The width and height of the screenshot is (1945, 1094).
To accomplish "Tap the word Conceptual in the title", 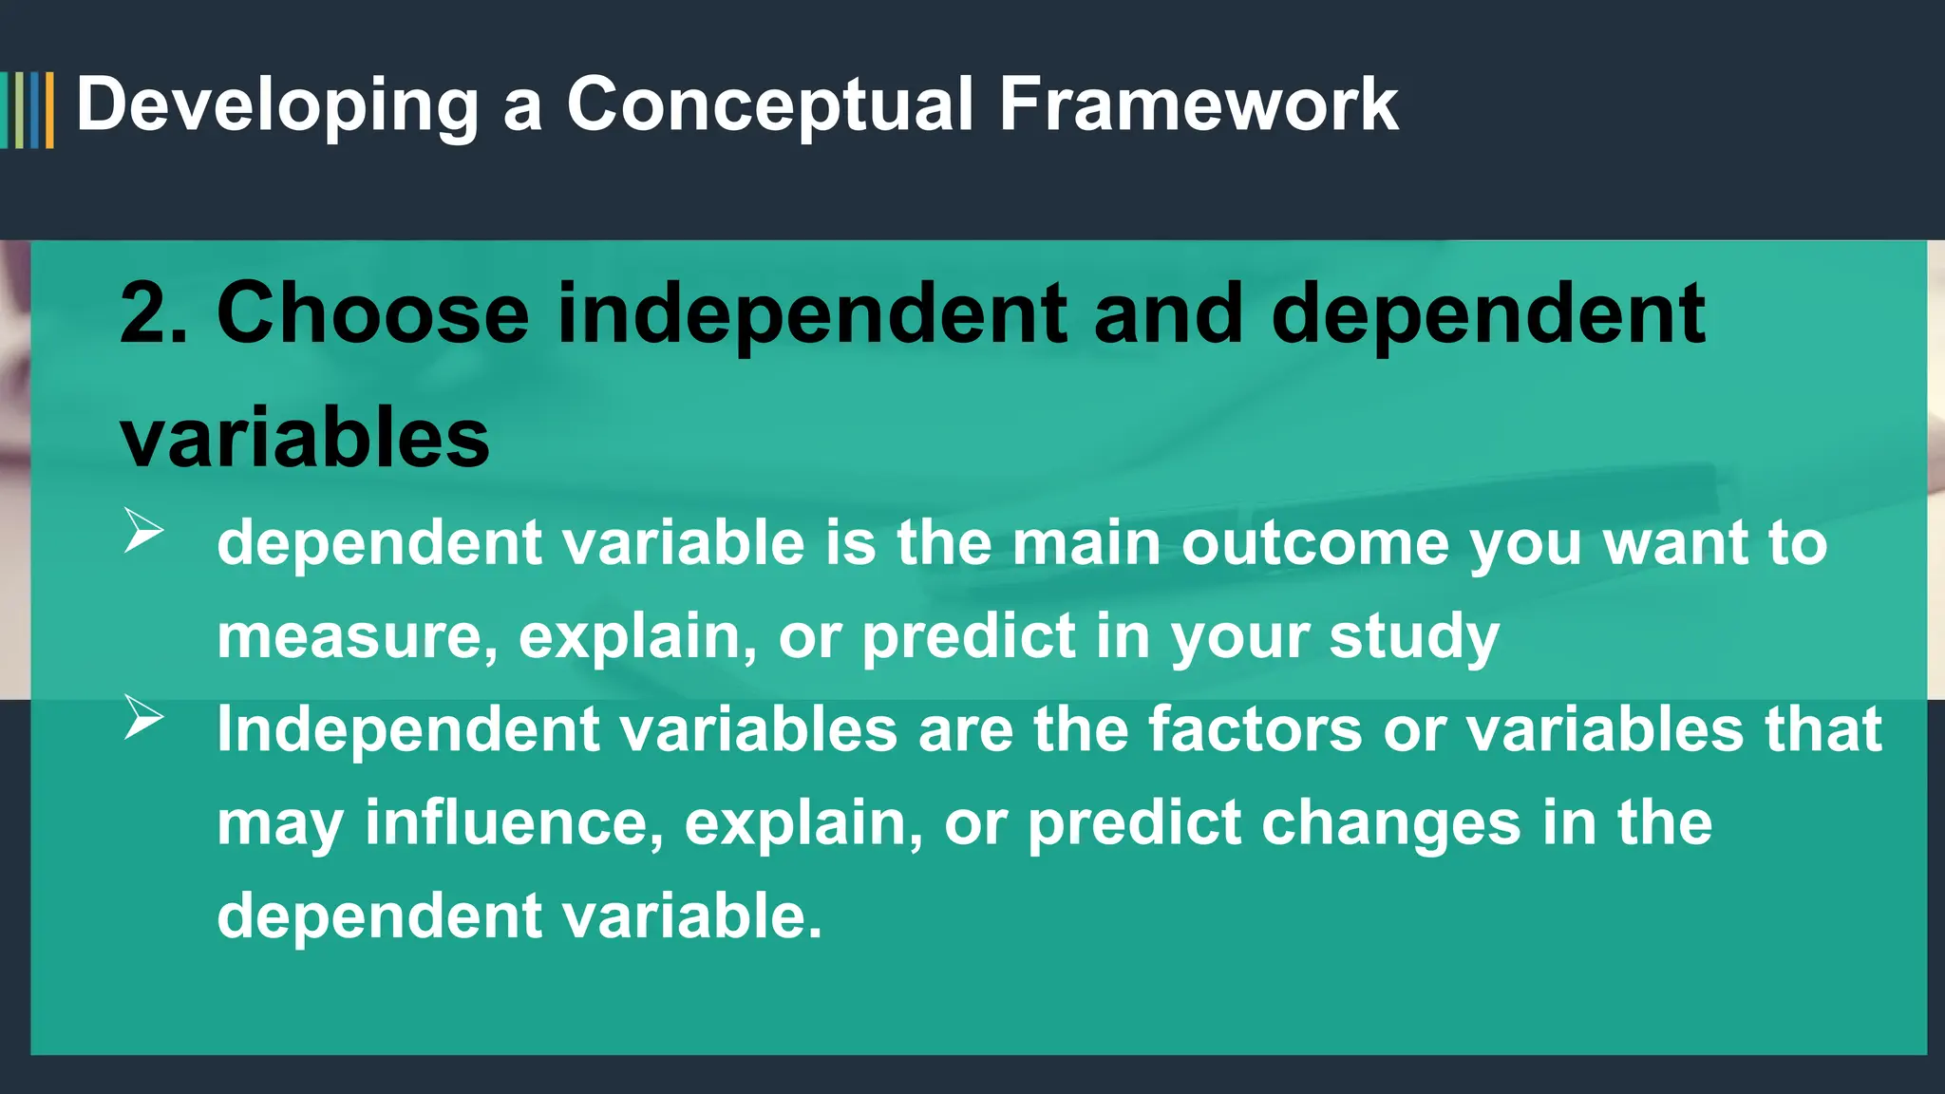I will [x=770, y=104].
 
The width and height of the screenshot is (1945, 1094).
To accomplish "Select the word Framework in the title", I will [x=1199, y=104].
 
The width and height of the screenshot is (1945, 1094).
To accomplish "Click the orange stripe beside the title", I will [x=49, y=110].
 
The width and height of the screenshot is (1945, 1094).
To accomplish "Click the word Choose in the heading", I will [x=372, y=313].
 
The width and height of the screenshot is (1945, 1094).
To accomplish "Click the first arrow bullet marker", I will [x=143, y=530].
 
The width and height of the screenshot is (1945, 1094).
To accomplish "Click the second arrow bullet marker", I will [x=143, y=717].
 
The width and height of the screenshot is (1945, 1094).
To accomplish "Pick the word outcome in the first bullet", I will [x=1314, y=543].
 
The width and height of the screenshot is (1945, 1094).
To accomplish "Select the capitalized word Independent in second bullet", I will [x=408, y=729].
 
